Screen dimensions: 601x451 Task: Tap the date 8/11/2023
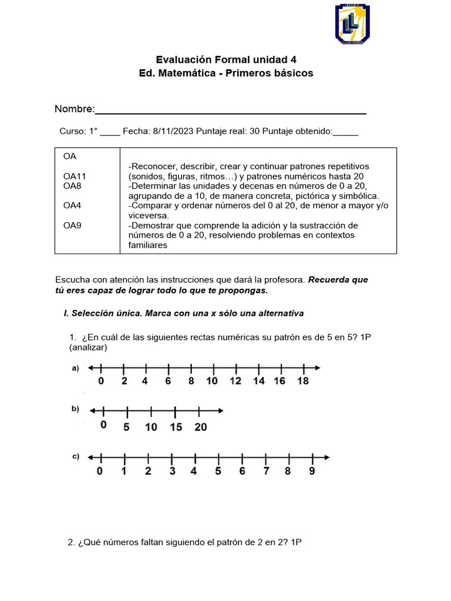coord(173,131)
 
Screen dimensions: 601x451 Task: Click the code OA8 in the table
coord(72,185)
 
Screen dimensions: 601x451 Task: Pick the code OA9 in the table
coord(72,225)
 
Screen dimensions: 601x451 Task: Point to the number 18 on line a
coord(302,381)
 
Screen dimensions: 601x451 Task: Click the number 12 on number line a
coord(235,381)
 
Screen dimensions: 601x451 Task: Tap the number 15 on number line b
coord(176,427)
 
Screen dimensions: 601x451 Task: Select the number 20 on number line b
coord(200,427)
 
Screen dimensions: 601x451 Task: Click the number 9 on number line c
coord(312,471)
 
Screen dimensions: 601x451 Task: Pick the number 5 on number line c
coord(217,471)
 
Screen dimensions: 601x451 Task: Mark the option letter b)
coord(75,408)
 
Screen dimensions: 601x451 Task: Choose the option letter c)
coord(75,457)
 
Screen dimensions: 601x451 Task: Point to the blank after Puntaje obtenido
coord(345,131)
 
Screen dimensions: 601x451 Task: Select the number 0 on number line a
coord(101,381)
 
